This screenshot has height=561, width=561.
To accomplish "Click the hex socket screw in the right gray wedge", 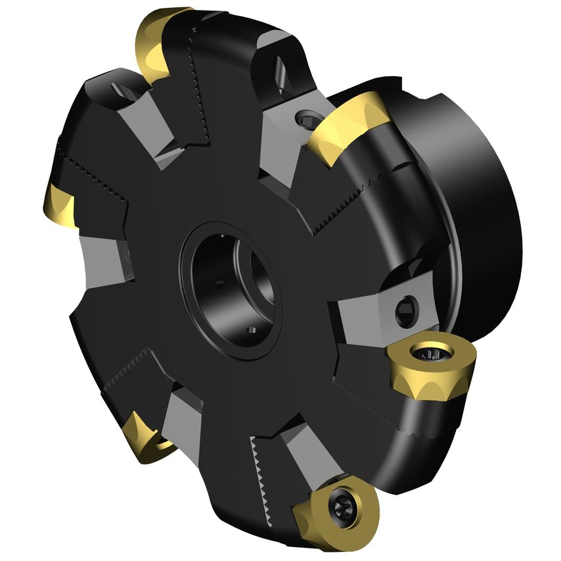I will [x=408, y=309].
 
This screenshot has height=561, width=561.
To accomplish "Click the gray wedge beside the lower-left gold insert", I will [x=181, y=420].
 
